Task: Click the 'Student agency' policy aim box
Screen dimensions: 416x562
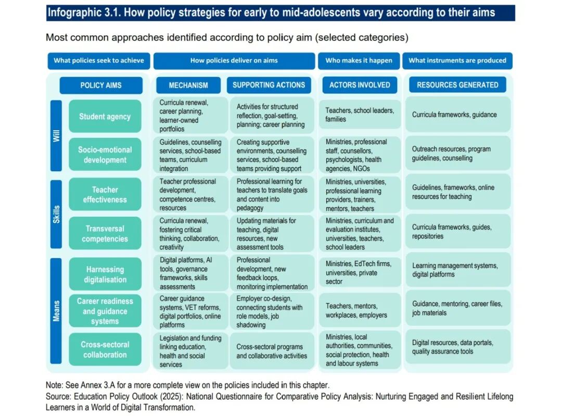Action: click(105, 117)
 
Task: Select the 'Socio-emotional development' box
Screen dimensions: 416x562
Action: click(105, 155)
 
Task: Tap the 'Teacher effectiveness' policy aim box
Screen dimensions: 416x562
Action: click(105, 194)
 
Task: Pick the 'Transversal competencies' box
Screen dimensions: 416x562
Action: click(105, 233)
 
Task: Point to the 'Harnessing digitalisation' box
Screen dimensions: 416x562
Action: click(105, 274)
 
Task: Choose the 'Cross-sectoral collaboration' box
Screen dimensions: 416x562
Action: click(105, 349)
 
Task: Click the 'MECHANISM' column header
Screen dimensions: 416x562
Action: click(188, 85)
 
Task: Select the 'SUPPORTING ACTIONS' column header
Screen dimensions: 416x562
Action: click(269, 85)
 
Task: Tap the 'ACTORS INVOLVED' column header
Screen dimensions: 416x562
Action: click(360, 85)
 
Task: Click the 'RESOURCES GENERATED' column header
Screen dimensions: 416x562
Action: click(457, 85)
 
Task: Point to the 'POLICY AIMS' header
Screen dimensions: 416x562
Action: click(101, 85)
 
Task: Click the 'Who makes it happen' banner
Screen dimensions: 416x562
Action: click(359, 60)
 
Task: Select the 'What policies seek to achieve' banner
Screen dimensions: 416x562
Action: click(99, 60)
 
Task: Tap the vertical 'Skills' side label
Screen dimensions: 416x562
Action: click(56, 214)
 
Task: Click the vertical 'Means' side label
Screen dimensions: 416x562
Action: click(56, 311)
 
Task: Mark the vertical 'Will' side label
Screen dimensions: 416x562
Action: click(56, 136)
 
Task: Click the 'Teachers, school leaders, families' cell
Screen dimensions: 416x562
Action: click(360, 115)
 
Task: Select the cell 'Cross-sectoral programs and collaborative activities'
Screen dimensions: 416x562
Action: click(271, 351)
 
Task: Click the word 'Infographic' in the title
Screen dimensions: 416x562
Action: click(72, 12)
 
